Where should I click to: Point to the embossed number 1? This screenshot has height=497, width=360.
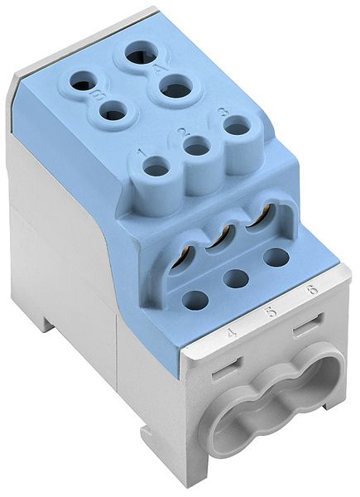[142, 153]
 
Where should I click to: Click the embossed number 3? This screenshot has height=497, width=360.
[223, 111]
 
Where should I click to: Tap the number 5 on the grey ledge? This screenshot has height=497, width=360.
[271, 312]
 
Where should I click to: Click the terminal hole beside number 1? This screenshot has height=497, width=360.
[156, 170]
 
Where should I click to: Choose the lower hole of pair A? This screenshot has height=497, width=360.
[175, 86]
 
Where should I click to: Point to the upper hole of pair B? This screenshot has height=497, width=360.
[83, 81]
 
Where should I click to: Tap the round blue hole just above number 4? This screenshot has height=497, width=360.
[195, 300]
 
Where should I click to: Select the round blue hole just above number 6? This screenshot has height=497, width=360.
[276, 257]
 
